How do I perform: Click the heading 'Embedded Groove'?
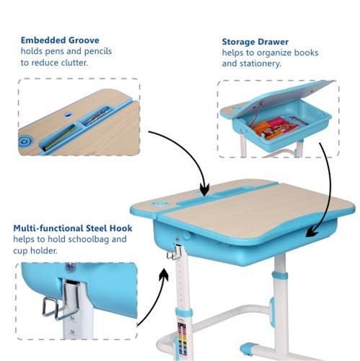[60, 40]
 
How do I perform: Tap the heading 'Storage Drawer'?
[255, 42]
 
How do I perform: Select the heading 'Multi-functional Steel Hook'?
[73, 228]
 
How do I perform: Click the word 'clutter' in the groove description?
[74, 63]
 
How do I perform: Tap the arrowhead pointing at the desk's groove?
[204, 190]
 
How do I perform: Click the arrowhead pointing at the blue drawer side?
[312, 233]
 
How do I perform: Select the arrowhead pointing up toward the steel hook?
[164, 274]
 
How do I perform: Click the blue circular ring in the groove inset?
[26, 141]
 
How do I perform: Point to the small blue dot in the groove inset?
[69, 115]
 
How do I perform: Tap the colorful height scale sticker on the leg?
[183, 339]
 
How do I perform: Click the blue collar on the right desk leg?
[279, 276]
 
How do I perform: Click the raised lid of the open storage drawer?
[284, 96]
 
